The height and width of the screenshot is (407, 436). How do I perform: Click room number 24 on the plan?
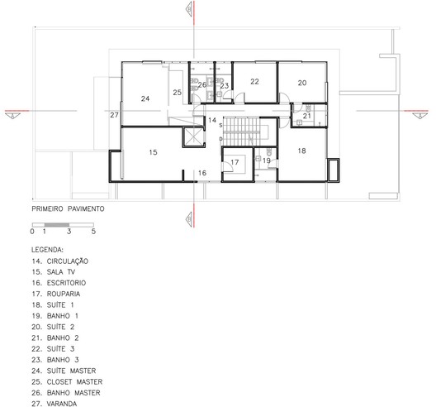pyautogui.click(x=145, y=98)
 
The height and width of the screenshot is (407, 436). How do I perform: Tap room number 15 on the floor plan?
pyautogui.click(x=153, y=152)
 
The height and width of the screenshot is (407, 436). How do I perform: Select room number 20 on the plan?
pyautogui.click(x=302, y=83)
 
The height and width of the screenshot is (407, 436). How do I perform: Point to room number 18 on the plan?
pyautogui.click(x=301, y=151)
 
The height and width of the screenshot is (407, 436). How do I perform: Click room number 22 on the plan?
pyautogui.click(x=254, y=82)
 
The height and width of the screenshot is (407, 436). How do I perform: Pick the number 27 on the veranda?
pyautogui.click(x=114, y=115)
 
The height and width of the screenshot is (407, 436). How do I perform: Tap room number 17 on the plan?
pyautogui.click(x=235, y=162)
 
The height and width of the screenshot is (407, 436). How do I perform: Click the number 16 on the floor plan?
pyautogui.click(x=202, y=173)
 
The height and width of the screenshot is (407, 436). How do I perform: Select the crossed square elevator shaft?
pyautogui.click(x=193, y=136)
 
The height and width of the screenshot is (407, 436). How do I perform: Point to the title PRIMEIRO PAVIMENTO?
pyautogui.click(x=68, y=209)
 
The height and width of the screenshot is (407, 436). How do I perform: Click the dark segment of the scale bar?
pyautogui.click(x=57, y=225)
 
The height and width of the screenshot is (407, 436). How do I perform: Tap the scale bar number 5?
pyautogui.click(x=93, y=232)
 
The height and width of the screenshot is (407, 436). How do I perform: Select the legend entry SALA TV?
pyautogui.click(x=61, y=272)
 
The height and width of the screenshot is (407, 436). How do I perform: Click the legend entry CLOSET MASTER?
pyautogui.click(x=74, y=381)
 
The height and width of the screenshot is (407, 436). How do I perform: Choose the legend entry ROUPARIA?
pyautogui.click(x=64, y=294)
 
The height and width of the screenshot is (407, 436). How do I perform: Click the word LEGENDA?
pyautogui.click(x=47, y=250)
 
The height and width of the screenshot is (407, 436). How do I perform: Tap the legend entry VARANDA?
pyautogui.click(x=62, y=404)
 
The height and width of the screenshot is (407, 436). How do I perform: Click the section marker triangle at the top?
pyautogui.click(x=190, y=8)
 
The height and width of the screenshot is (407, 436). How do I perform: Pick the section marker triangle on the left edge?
pyautogui.click(x=12, y=115)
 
